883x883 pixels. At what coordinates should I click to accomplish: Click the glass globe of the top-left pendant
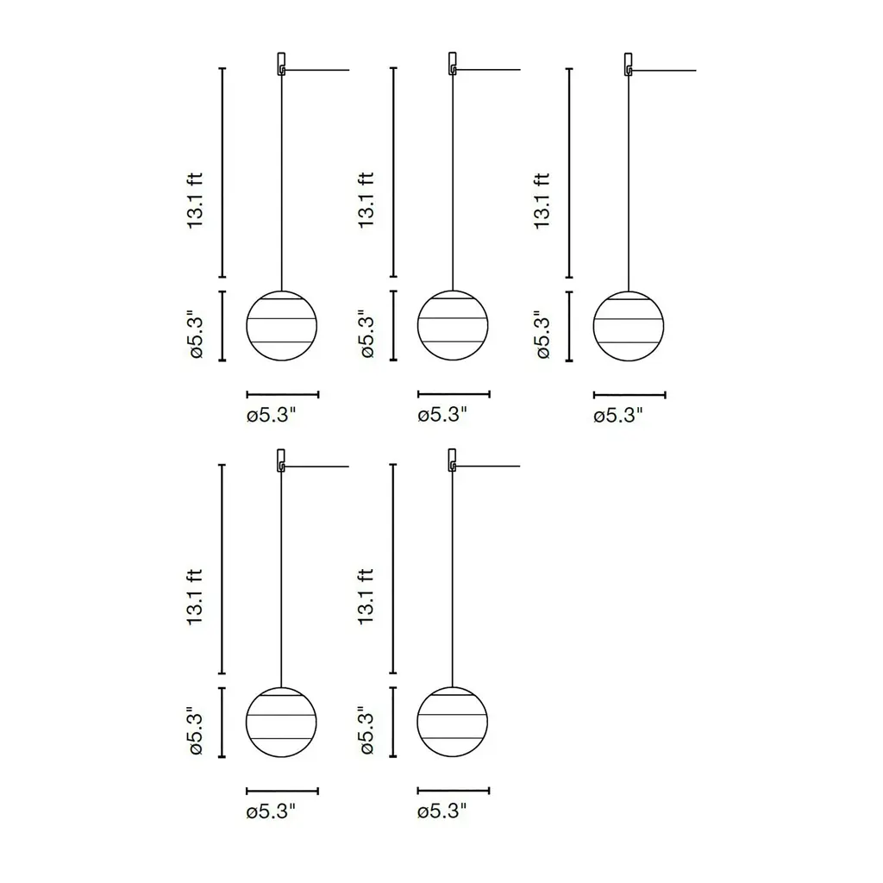click(x=282, y=325)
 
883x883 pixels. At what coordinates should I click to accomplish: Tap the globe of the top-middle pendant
click(x=453, y=325)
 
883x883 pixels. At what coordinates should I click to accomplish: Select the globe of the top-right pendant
click(x=629, y=326)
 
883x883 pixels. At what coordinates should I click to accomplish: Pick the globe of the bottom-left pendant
click(x=281, y=722)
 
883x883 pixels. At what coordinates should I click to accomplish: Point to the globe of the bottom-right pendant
click(x=452, y=722)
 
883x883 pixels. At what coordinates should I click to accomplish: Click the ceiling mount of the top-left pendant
click(x=281, y=64)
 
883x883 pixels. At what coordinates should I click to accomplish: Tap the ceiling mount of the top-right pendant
click(x=628, y=64)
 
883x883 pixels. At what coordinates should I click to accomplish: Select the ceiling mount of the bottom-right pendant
click(x=452, y=460)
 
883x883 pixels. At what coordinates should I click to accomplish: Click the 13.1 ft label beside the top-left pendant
click(x=194, y=200)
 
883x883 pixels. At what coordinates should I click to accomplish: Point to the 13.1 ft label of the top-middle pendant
click(x=366, y=200)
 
